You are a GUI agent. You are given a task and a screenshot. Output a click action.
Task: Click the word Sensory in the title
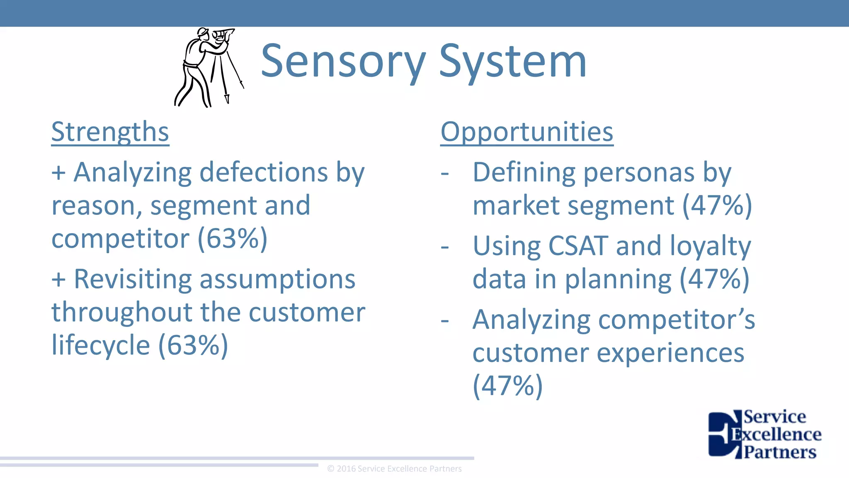343,62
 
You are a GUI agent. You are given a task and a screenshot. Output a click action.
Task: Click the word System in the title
512,62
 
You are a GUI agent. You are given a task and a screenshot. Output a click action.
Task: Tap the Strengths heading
110,132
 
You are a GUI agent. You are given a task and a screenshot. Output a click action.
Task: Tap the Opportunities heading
526,132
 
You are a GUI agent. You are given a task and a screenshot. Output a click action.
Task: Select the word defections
264,172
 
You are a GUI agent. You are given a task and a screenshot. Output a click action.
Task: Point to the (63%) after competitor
233,239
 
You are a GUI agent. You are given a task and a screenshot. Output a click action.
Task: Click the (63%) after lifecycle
193,345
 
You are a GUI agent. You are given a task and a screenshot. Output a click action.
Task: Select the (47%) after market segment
717,205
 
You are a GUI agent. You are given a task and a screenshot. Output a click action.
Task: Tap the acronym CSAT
578,246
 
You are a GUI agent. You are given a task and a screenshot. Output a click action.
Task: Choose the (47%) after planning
715,279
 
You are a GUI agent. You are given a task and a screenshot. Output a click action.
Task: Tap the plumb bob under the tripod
227,99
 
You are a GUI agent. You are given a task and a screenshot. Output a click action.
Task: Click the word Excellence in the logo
776,434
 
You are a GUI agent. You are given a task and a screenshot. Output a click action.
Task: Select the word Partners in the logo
780,452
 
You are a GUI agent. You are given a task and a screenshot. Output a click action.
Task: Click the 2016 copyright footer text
394,469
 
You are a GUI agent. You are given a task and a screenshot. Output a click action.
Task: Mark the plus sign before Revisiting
58,279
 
